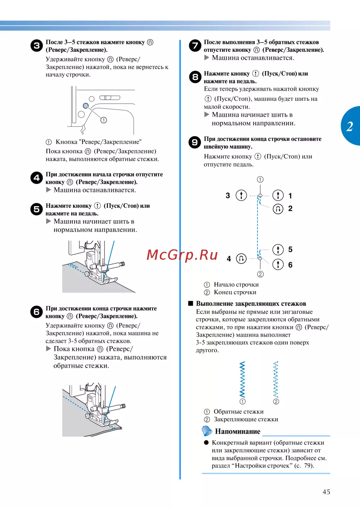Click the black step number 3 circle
click(37, 46)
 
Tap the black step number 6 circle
click(37, 312)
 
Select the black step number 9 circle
click(195, 142)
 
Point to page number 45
click(326, 492)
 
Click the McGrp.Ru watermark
click(182, 255)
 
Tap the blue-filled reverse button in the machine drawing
click(86, 106)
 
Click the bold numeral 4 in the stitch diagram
click(229, 259)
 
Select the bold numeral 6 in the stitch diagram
click(290, 265)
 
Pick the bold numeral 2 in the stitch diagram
click(290, 209)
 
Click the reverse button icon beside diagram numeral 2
click(278, 209)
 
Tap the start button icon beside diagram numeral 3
click(241, 195)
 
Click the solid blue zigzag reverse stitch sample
click(242, 379)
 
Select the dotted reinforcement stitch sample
click(276, 379)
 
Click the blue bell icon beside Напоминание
click(207, 431)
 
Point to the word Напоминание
click(238, 431)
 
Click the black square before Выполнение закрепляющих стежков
click(191, 303)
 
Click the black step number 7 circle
click(195, 46)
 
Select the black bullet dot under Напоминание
click(206, 442)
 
